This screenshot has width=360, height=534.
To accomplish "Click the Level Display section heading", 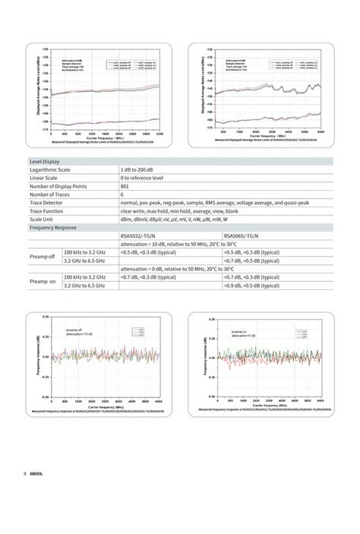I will [x=44, y=161].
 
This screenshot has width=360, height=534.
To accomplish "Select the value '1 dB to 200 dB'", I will [x=141, y=169].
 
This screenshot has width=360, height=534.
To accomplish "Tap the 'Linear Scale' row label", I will [x=47, y=178].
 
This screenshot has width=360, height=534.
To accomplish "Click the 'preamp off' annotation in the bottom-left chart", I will [x=74, y=330].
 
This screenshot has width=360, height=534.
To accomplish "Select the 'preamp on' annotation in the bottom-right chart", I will [x=239, y=332].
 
